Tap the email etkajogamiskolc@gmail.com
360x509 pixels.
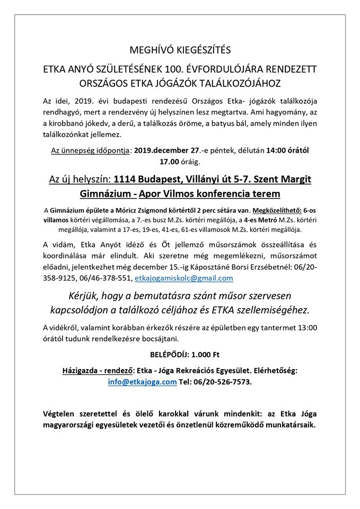pos(183,277)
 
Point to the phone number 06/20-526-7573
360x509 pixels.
pos(223,382)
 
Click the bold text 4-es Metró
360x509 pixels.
pos(235,220)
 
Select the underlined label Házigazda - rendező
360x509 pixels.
pos(96,371)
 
